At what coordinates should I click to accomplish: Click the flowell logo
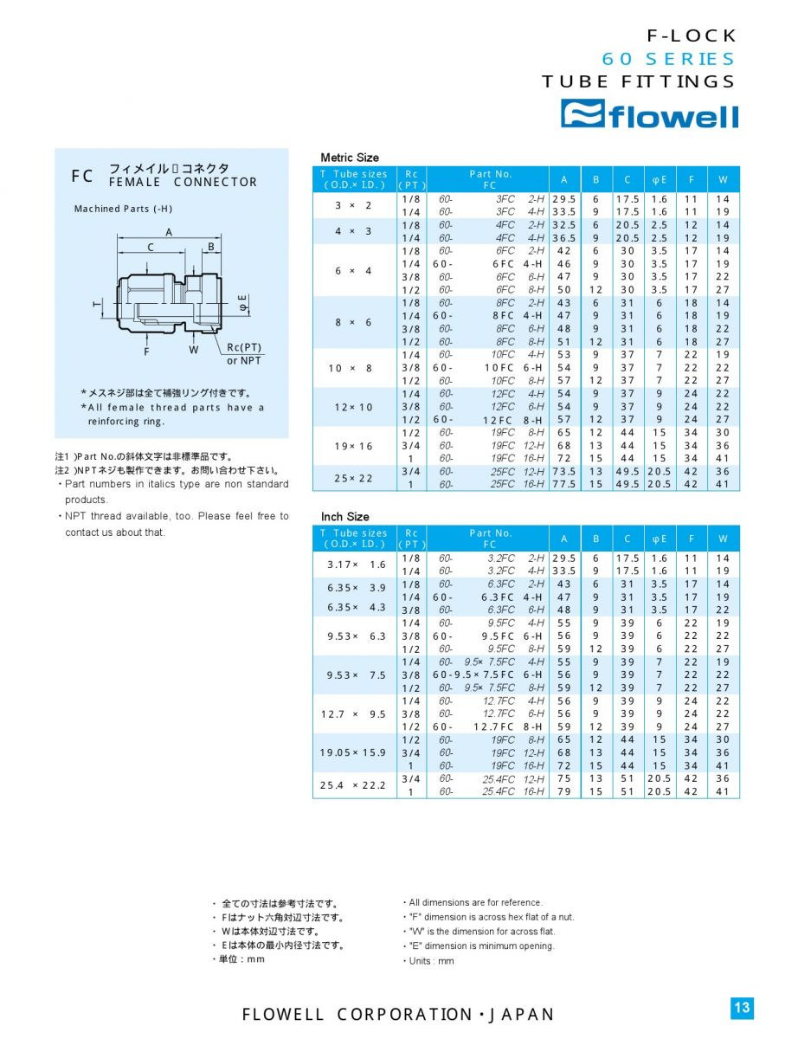pos(649,114)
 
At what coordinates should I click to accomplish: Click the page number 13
pos(742,1007)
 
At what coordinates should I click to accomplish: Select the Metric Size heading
pos(350,158)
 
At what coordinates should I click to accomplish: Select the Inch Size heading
pos(344,517)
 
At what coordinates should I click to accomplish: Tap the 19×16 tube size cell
pos(354,446)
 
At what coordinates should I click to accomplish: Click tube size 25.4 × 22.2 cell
pos(353,785)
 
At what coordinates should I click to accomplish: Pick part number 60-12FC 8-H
pos(490,420)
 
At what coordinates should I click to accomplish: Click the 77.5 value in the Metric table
pos(563,485)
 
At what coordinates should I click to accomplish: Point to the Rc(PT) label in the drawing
pos(244,347)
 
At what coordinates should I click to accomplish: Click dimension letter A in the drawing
pos(170,232)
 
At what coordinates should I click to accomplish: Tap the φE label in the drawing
pos(243,303)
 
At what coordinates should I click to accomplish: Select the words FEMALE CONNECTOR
pos(183,183)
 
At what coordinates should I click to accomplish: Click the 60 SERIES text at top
pos(668,59)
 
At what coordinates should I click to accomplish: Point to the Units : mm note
pos(431,961)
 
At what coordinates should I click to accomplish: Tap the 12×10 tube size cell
pos(354,407)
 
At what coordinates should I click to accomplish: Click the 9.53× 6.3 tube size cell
pos(356,636)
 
